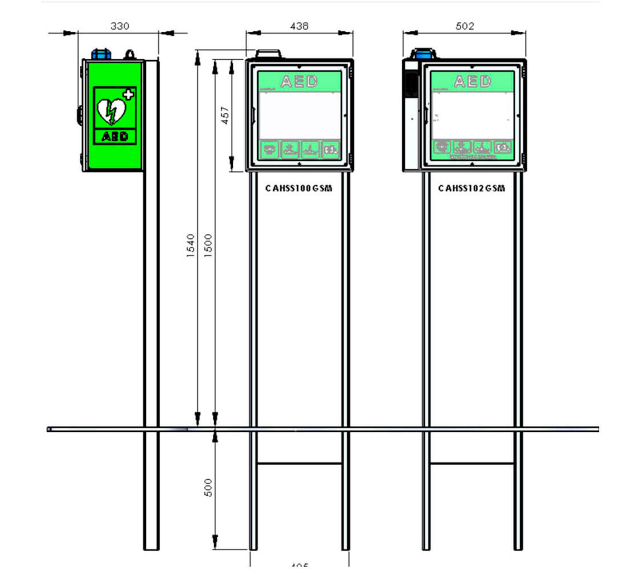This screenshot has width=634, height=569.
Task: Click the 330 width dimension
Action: coord(120,26)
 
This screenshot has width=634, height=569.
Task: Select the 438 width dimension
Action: coord(299,26)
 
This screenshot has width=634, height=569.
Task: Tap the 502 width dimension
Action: coord(465,26)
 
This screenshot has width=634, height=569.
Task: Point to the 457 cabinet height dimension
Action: coord(225,116)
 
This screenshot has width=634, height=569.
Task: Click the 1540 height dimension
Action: coord(191,246)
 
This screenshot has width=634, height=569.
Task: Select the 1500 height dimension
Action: coord(208,246)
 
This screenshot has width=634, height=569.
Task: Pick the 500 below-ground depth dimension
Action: coord(208,487)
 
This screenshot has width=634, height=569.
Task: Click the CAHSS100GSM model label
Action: coord(299,188)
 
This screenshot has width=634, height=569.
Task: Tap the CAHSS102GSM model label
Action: coord(471,188)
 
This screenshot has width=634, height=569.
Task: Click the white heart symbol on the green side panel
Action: coord(111,111)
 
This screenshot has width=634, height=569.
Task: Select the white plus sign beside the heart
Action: coord(129,95)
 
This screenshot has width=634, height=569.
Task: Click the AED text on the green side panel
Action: coord(115,136)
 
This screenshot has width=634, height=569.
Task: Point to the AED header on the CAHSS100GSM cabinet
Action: coord(299,82)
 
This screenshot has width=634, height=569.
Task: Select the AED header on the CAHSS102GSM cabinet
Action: coord(472,82)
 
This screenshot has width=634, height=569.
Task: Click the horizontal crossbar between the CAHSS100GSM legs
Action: coord(299,463)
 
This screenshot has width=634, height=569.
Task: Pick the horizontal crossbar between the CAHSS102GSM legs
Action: coord(471,463)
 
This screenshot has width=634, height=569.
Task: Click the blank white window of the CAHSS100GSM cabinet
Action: coord(299,116)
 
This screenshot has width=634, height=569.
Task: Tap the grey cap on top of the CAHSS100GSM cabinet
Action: coord(268,54)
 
